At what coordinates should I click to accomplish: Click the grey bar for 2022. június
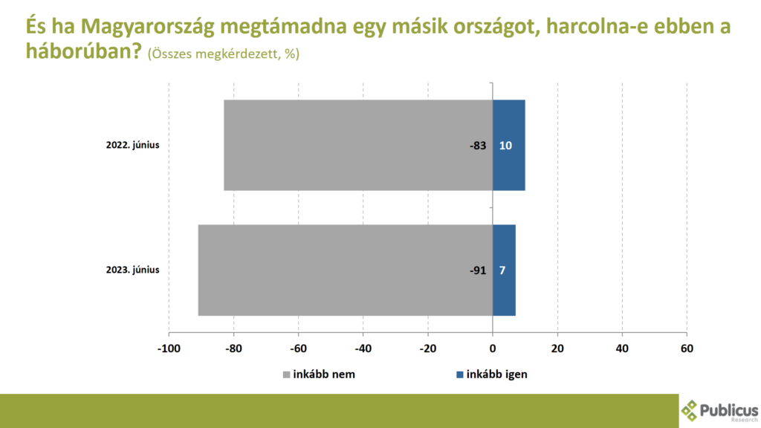point(358,145)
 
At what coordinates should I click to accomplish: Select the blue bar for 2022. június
point(508,145)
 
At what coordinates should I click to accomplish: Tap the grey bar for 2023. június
point(346,270)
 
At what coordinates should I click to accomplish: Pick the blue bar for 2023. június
point(504,270)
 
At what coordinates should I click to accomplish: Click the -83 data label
point(478,146)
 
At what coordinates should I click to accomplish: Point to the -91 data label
point(478,270)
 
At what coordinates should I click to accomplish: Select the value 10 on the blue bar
point(505,146)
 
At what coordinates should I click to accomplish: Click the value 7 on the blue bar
point(502,270)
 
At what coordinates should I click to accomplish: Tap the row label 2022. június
point(132,145)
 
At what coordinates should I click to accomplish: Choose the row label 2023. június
point(132,270)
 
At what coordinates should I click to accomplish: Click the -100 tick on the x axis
point(169,348)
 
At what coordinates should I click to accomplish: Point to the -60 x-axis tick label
point(299,348)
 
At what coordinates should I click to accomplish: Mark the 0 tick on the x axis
point(493,348)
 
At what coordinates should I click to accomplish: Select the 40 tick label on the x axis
point(622,348)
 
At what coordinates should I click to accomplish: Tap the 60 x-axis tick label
point(687,348)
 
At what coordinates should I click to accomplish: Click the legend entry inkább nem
point(319,374)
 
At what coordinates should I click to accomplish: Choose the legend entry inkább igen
point(492,374)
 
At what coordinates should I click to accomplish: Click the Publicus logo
point(719,411)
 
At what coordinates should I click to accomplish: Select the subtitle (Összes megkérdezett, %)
point(224,53)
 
